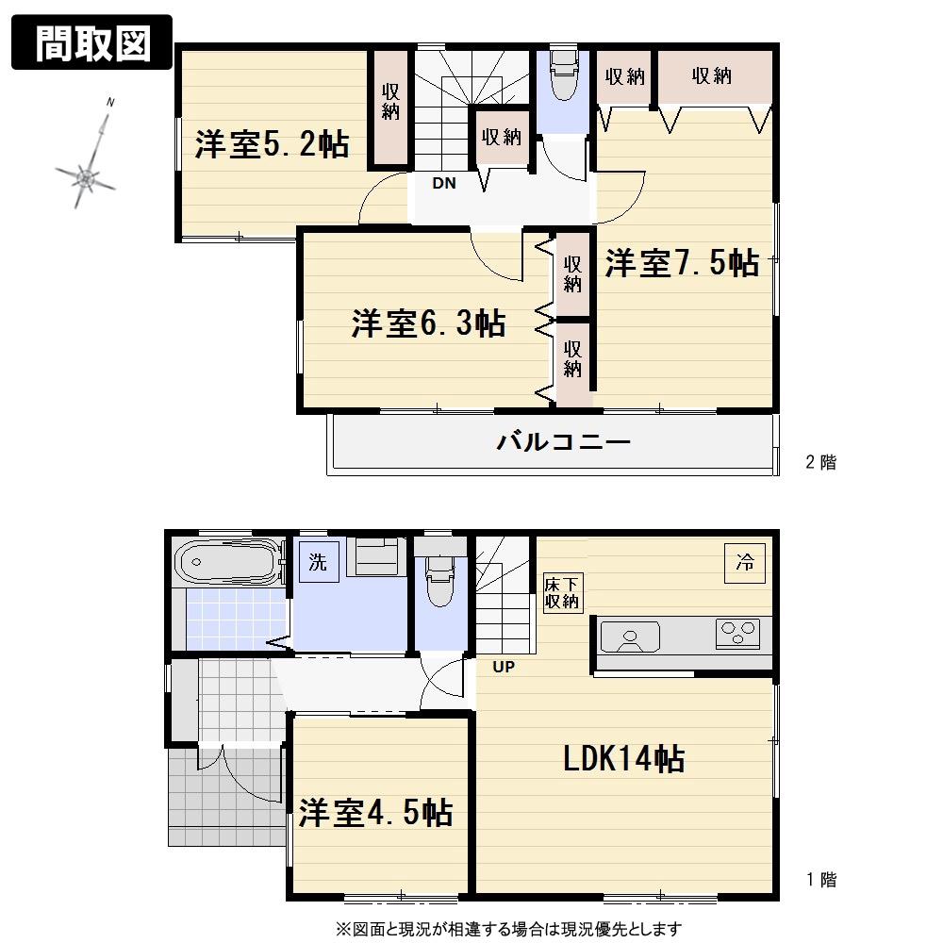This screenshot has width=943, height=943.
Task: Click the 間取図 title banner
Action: (x=91, y=43)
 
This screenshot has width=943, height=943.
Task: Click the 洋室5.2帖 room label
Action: (x=272, y=145)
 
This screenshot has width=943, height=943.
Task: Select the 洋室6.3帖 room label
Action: (x=428, y=323)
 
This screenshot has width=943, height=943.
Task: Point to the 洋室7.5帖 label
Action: (x=682, y=263)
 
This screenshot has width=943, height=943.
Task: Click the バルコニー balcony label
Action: (x=563, y=441)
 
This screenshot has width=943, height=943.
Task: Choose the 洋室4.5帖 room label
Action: (x=375, y=812)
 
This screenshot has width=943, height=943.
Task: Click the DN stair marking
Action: (x=443, y=184)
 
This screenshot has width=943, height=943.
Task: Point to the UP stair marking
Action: (x=503, y=668)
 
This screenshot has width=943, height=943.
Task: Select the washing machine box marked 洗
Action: (x=317, y=563)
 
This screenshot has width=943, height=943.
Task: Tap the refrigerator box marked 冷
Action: (x=744, y=564)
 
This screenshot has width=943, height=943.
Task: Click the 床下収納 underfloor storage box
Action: (x=562, y=593)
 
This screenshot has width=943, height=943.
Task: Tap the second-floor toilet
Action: (x=563, y=75)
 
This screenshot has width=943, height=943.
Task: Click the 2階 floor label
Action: (x=819, y=462)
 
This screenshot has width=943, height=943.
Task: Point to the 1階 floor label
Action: (x=820, y=881)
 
